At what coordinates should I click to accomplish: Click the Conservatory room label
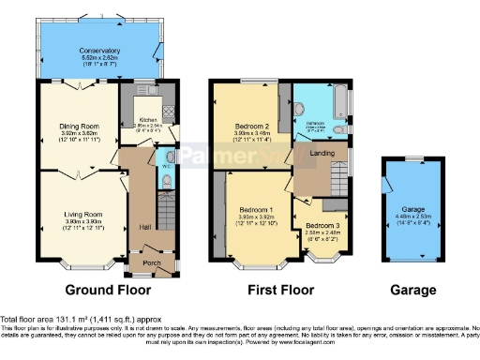click(98, 49)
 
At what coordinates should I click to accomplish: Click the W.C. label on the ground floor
click(162, 157)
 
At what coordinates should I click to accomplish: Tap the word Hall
click(143, 227)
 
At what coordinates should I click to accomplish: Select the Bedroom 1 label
click(255, 208)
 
